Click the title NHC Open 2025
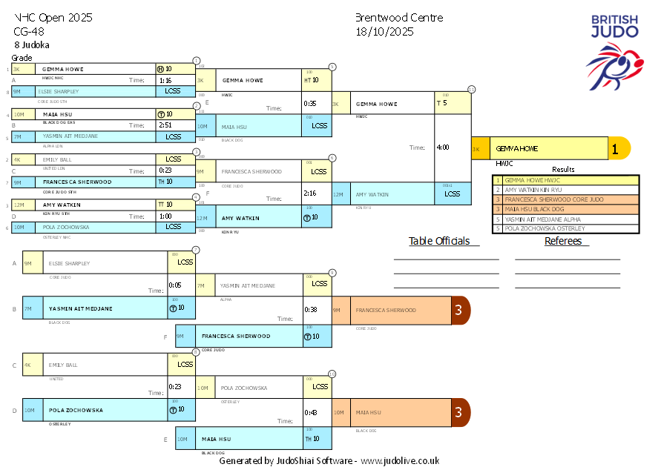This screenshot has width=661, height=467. point(53,18)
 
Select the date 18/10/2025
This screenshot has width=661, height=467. point(384,32)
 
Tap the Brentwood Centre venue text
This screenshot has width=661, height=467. point(398,18)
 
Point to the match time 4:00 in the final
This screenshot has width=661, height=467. point(443,148)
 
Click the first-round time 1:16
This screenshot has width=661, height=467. point(165,80)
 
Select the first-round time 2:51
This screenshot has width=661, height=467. point(165,125)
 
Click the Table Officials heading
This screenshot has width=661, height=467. point(440,241)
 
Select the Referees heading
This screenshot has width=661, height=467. point(566,241)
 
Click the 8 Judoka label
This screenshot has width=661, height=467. point(32,45)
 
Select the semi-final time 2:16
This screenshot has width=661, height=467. point(310,193)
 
